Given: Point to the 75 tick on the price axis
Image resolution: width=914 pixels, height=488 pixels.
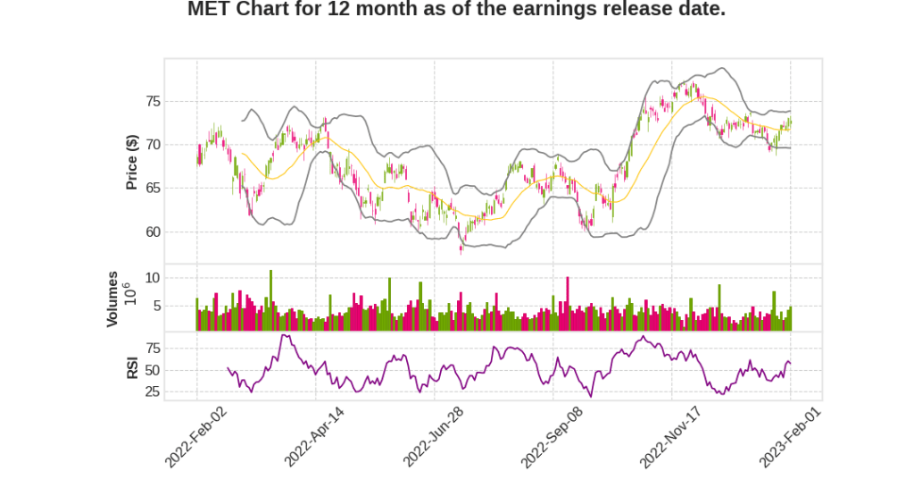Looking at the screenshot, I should tap(153, 101).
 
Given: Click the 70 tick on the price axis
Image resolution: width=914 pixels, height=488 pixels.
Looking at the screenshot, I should tap(153, 145).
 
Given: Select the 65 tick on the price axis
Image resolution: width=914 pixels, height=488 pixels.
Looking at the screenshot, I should tap(153, 189).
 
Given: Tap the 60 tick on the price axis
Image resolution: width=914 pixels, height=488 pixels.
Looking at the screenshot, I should tap(153, 232).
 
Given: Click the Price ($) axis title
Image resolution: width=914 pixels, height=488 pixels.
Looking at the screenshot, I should tap(131, 162).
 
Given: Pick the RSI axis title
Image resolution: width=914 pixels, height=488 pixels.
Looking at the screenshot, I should tap(131, 368).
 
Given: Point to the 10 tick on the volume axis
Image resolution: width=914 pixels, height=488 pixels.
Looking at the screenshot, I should tap(153, 278).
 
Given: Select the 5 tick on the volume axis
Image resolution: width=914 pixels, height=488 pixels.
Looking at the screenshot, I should tap(156, 307).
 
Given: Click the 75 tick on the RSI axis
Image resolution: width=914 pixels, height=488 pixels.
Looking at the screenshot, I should tap(153, 348).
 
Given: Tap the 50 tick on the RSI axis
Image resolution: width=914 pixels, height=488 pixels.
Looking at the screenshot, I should tap(153, 370).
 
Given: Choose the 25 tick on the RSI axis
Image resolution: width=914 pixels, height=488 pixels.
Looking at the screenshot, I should tap(153, 391).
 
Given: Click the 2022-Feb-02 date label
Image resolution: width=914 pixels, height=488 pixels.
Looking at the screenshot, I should tap(198, 436).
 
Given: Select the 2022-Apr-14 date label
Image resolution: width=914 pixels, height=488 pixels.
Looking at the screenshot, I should tap(316, 436).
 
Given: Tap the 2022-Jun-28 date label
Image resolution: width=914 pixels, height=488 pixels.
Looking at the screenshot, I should tap(435, 436).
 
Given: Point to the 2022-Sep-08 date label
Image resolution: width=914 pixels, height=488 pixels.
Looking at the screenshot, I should tap(553, 436).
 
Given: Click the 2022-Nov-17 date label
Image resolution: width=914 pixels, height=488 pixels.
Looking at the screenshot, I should tap(672, 436).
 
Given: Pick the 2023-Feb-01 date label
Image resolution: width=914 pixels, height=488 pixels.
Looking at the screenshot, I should tap(791, 436).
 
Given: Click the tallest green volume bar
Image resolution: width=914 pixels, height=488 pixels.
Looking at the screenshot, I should tap(270, 300).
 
